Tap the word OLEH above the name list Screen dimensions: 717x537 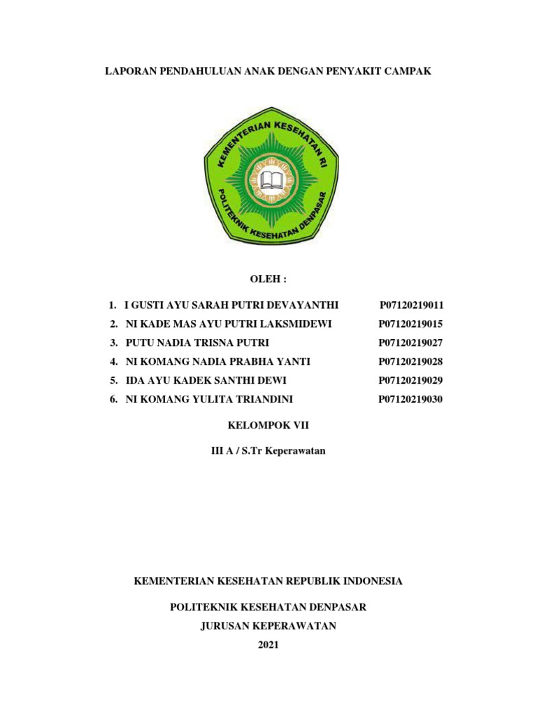[x=268, y=279]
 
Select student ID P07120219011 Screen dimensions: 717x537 [x=412, y=305]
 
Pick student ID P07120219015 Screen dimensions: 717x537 [x=411, y=324]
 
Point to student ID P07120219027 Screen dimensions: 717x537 [x=411, y=343]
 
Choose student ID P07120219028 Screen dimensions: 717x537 [x=411, y=362]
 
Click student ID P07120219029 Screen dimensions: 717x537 [x=411, y=381]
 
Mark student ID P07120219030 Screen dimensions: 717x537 [x=411, y=400]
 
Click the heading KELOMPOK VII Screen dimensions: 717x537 [x=268, y=425]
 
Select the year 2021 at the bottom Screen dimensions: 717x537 [x=268, y=646]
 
